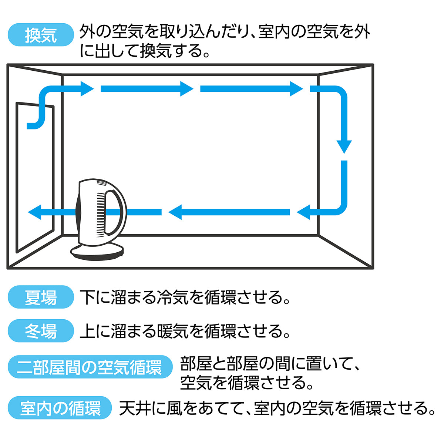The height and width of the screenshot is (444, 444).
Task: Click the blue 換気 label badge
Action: [41, 35]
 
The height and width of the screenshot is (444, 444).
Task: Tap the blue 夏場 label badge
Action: [41, 297]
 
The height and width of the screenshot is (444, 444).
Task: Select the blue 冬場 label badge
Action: [41, 330]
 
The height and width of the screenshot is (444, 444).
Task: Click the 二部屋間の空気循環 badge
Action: [90, 367]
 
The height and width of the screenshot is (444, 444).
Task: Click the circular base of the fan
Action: [97, 252]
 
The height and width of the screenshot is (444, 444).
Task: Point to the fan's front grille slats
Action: [101, 215]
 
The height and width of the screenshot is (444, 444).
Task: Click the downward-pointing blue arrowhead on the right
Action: [344, 146]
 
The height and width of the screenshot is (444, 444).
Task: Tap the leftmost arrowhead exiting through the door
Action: [35, 212]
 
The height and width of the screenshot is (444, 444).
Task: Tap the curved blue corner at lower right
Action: [339, 207]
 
